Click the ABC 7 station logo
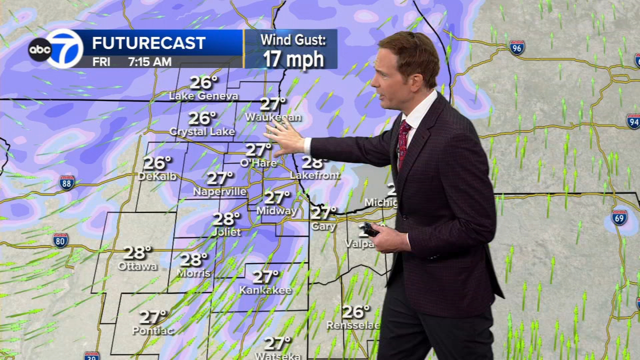tap(56, 48)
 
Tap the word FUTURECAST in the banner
tap(148, 43)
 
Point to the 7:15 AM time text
tap(149, 62)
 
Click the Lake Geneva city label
tap(203, 95)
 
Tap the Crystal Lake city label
tap(202, 131)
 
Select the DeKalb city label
tap(157, 176)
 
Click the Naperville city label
tap(220, 191)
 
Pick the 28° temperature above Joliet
tap(226, 219)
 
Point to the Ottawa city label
tap(137, 266)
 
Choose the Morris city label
tap(194, 273)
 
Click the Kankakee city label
tap(265, 290)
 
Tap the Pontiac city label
tap(152, 330)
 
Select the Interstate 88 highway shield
tap(67, 183)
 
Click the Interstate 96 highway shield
tap(517, 47)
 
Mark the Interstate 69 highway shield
tap(619, 217)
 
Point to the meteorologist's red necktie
tap(403, 143)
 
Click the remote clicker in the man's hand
tap(370, 229)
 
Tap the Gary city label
tap(323, 226)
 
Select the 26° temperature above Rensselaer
tap(356, 311)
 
